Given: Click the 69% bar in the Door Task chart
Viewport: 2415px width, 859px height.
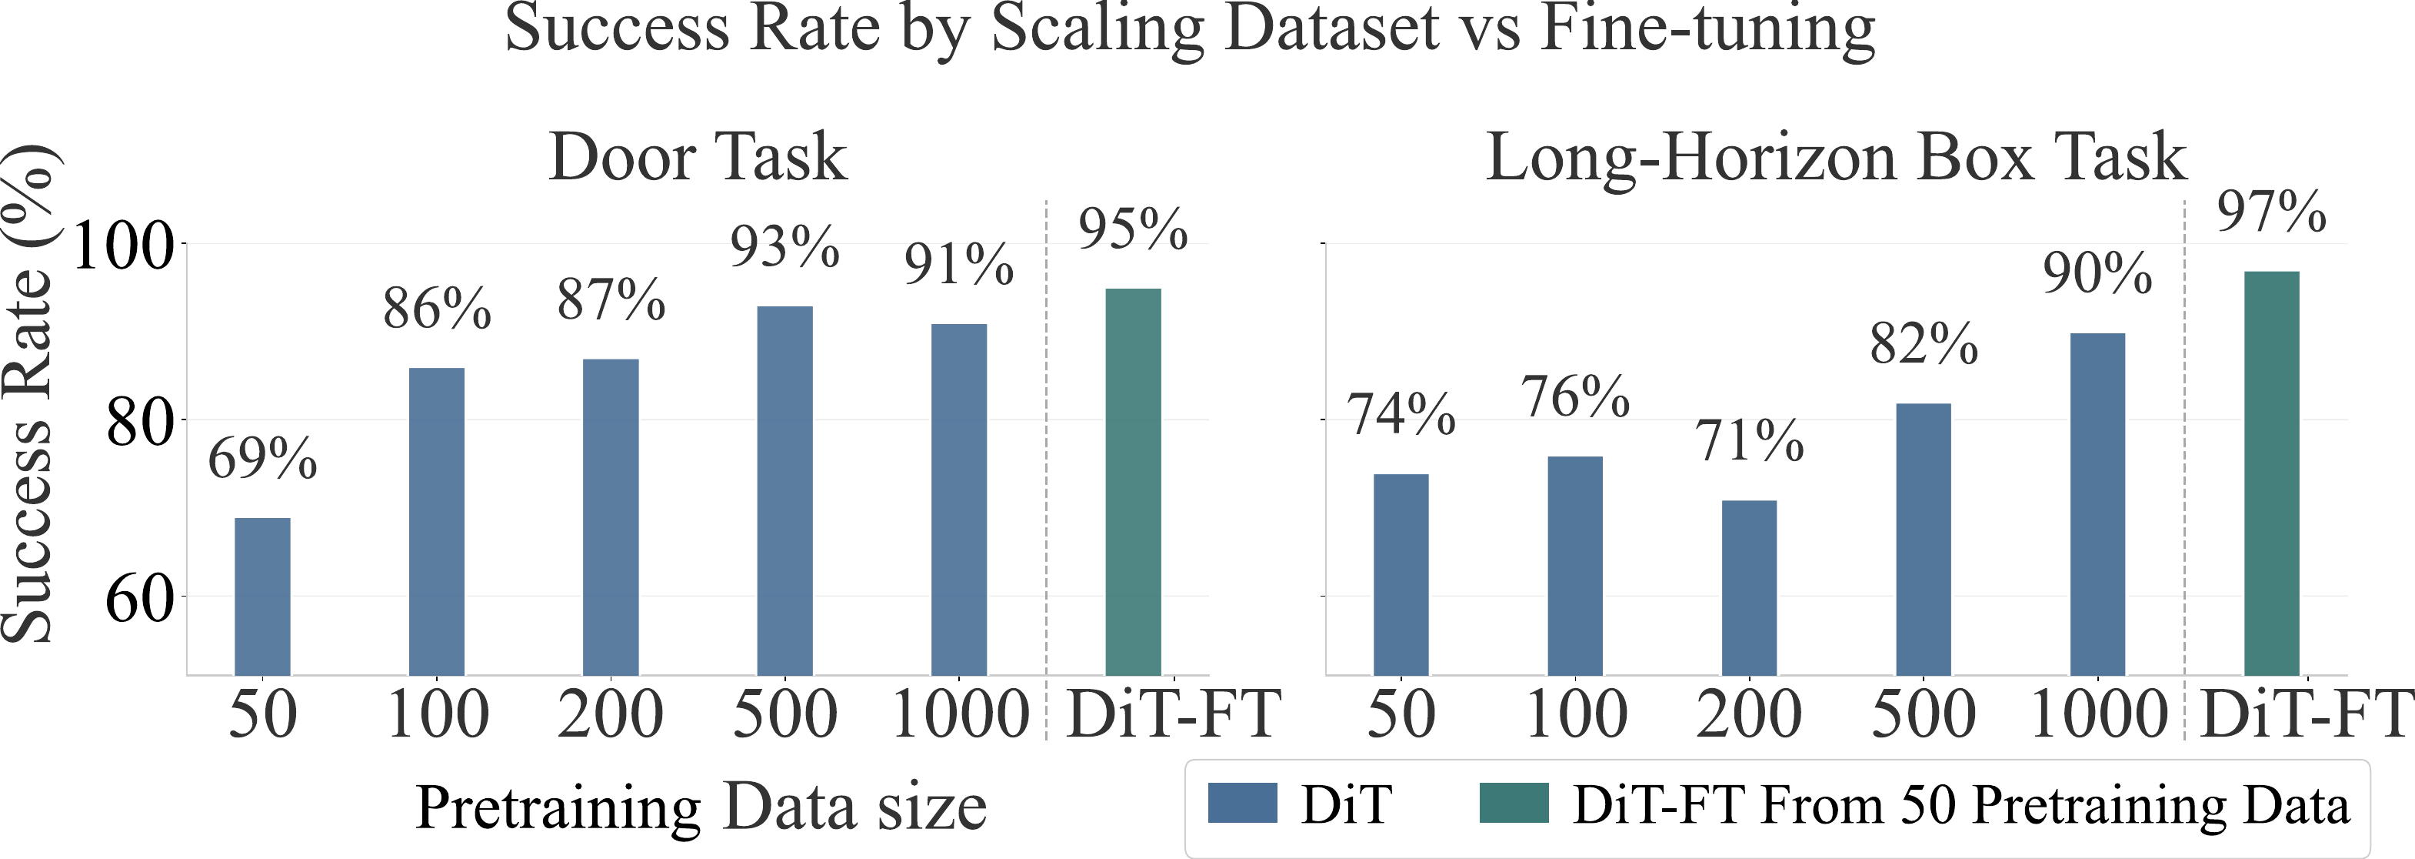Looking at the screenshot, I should click(261, 597).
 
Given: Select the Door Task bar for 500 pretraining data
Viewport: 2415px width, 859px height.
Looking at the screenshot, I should click(784, 490).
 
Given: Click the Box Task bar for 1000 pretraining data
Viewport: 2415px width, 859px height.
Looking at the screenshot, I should click(2097, 504).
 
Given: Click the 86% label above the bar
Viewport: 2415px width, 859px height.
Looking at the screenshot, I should click(437, 309).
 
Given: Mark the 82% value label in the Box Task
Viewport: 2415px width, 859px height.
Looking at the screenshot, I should click(1924, 344).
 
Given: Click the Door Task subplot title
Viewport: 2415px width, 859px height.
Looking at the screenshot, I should click(698, 156).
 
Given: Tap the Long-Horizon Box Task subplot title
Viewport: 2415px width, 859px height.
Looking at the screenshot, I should click(1836, 156).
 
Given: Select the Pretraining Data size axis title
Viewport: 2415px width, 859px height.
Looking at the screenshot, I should click(701, 807).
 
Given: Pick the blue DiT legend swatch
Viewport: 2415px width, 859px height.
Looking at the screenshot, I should click(1242, 804).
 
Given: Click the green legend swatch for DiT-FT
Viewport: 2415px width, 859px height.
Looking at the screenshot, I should click(1513, 804).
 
